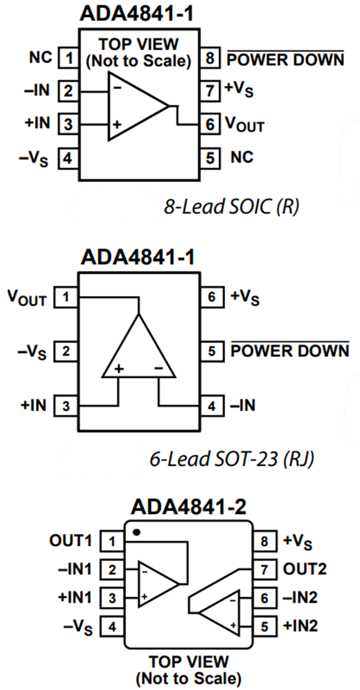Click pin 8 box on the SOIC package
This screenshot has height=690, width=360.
click(x=209, y=60)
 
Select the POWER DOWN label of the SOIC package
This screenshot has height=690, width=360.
click(x=285, y=60)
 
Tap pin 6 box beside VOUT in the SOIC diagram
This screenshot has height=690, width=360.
click(x=209, y=124)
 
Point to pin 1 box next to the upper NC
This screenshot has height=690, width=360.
click(x=66, y=59)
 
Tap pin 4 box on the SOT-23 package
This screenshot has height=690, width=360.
click(x=211, y=406)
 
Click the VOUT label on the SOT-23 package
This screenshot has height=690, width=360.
click(x=26, y=298)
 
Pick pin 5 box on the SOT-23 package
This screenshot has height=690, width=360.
click(x=211, y=351)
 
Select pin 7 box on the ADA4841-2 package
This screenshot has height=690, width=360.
click(x=264, y=570)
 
